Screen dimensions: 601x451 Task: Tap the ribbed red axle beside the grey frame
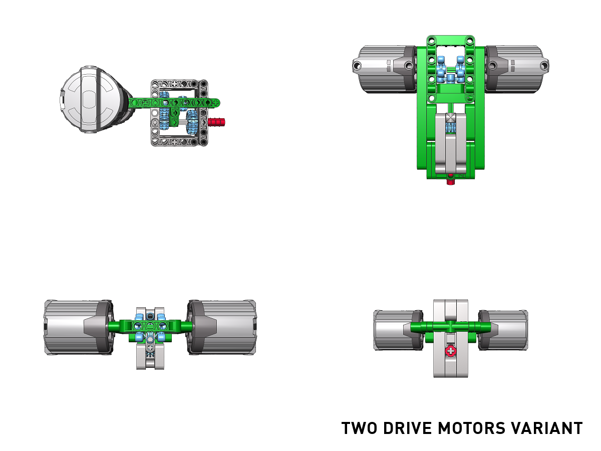tap(216, 122)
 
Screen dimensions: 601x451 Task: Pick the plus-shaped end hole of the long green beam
tap(216, 103)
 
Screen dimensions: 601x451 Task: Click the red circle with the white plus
tap(450, 351)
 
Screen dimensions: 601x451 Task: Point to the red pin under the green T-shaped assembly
tap(450, 181)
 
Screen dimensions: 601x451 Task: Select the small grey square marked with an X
tap(450, 118)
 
